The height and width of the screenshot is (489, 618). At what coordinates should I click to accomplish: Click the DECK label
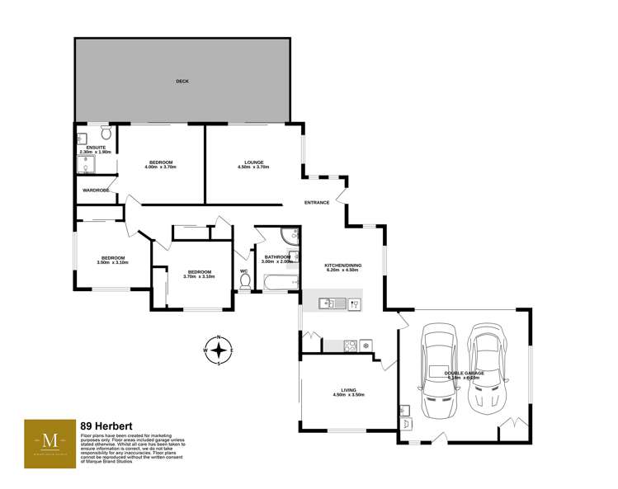(x=182, y=82)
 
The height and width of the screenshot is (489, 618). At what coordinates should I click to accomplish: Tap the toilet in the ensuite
(x=106, y=133)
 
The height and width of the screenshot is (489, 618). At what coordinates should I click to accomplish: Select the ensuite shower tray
(x=85, y=167)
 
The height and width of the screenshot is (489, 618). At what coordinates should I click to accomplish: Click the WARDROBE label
(x=96, y=190)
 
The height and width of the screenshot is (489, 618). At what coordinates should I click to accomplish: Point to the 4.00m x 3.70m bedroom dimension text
(x=161, y=167)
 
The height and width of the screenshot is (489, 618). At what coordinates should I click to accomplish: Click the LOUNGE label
(x=253, y=162)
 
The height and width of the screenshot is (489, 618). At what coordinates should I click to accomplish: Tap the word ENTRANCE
(x=317, y=203)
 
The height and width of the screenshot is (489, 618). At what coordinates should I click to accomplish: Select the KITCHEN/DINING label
(x=342, y=265)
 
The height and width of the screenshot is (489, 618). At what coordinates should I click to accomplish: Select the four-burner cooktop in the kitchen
(x=349, y=345)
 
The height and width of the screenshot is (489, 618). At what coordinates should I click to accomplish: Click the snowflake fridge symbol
(x=366, y=345)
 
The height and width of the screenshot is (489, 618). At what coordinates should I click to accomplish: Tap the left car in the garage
(x=438, y=370)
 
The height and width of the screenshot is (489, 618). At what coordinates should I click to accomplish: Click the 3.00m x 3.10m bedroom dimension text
(x=112, y=262)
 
